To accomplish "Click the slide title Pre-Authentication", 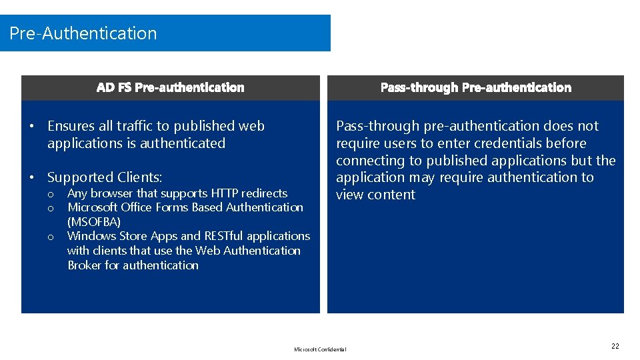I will [x=83, y=33].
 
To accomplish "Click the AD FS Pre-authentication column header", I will [x=171, y=87].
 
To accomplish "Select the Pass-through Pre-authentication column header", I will [x=475, y=87].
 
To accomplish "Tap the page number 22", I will [x=615, y=346].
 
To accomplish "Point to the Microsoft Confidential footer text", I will [x=320, y=349].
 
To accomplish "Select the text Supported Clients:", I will [x=105, y=177].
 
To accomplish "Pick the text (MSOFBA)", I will [x=94, y=222].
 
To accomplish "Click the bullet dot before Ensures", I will [x=32, y=126].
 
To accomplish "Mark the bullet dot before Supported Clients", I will [x=32, y=177].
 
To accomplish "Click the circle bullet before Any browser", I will [x=50, y=194].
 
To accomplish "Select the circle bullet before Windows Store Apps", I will [x=50, y=237].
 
